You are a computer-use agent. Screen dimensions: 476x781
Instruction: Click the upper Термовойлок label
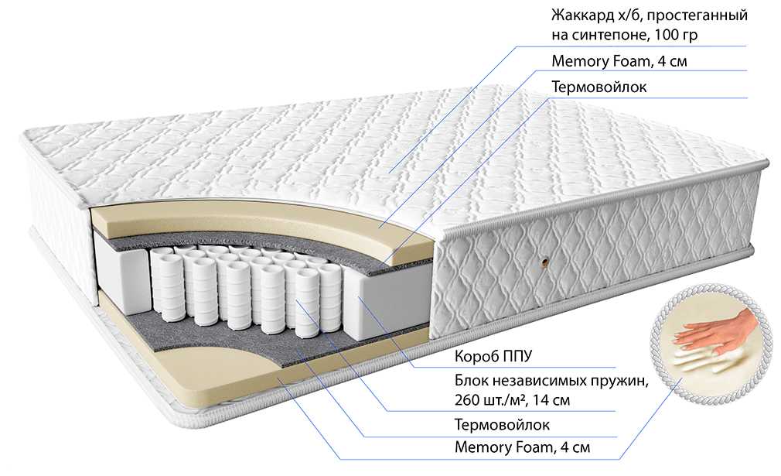(599, 87)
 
